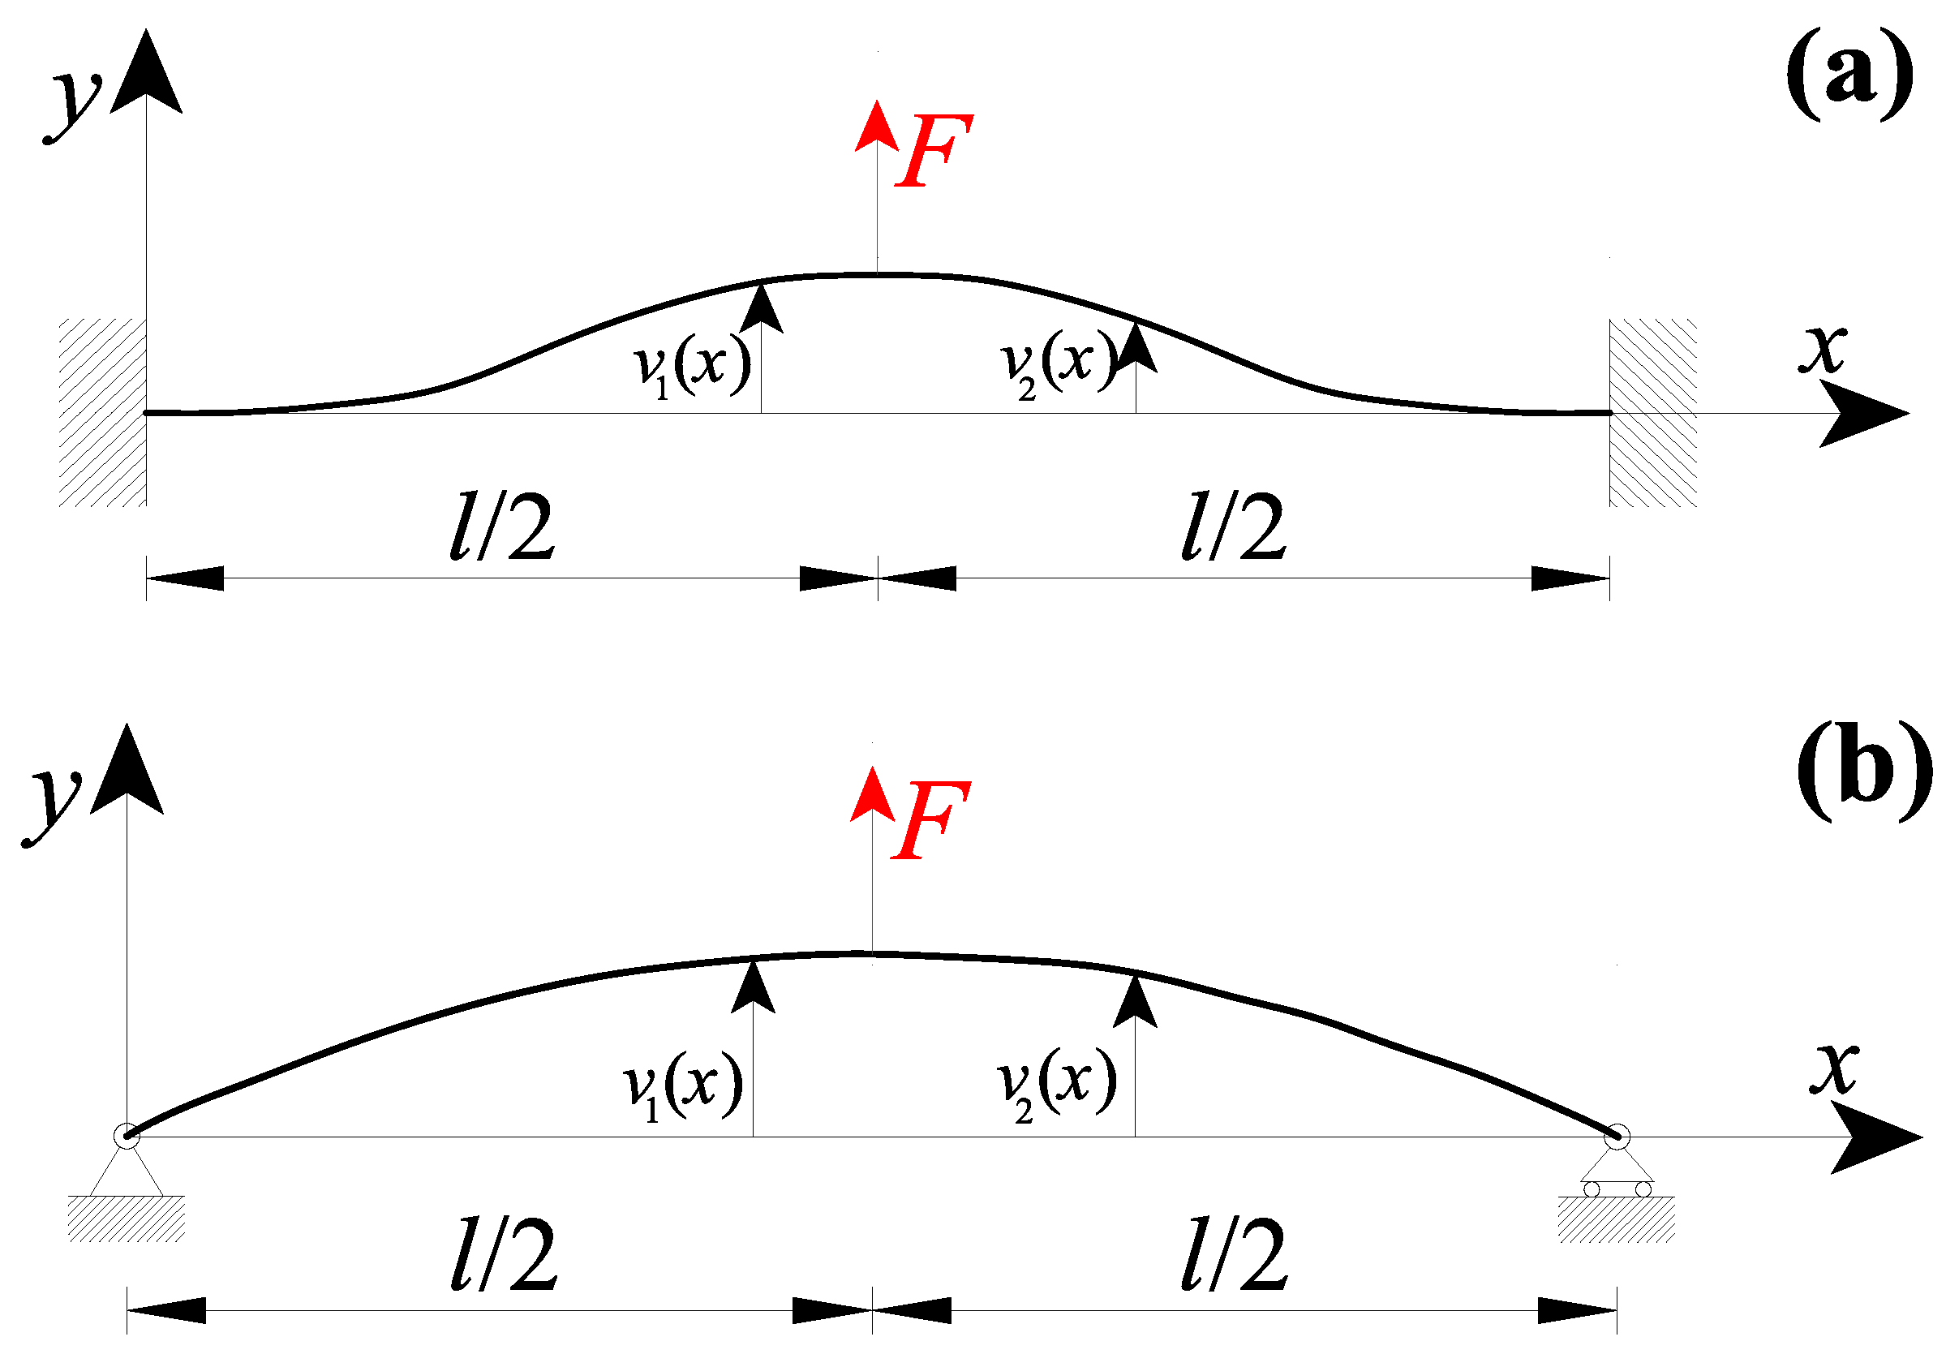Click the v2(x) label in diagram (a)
[1059, 364]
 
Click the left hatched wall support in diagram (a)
[102, 413]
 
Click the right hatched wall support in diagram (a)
[1652, 413]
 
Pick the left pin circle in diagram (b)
[127, 1137]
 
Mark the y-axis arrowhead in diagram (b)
[127, 772]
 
